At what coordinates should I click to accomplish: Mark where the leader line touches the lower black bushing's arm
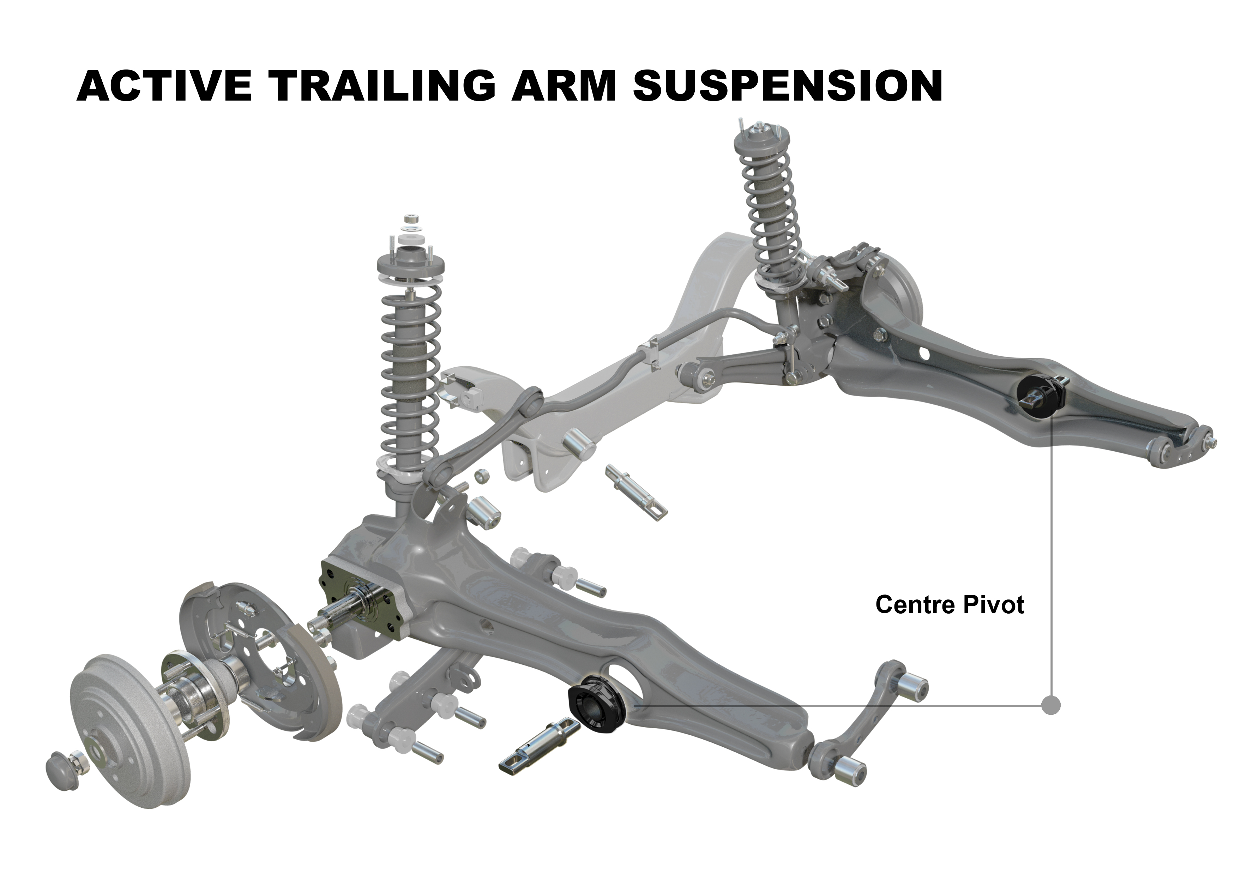point(628,706)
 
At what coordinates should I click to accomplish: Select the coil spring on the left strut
point(411,374)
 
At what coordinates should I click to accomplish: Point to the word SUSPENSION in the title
point(788,86)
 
